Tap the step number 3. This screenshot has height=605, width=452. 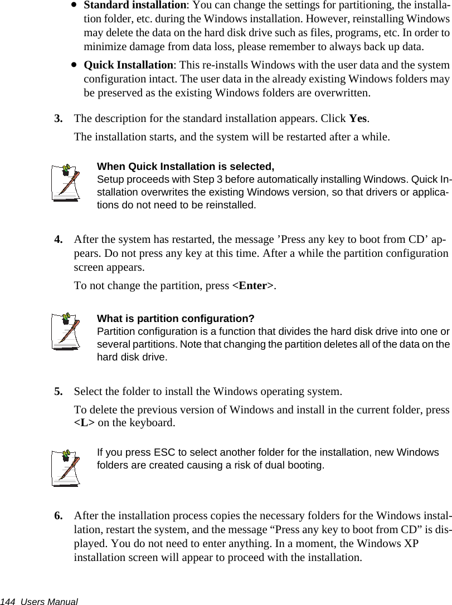[x=57, y=119]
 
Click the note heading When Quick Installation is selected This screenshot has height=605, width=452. [x=186, y=167]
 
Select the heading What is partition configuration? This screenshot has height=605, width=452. [x=176, y=319]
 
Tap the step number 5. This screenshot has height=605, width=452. [x=57, y=392]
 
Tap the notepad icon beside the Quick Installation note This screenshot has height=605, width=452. [x=66, y=182]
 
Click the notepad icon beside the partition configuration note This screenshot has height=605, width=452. [x=66, y=332]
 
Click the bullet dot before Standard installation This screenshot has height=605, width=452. [x=74, y=6]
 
